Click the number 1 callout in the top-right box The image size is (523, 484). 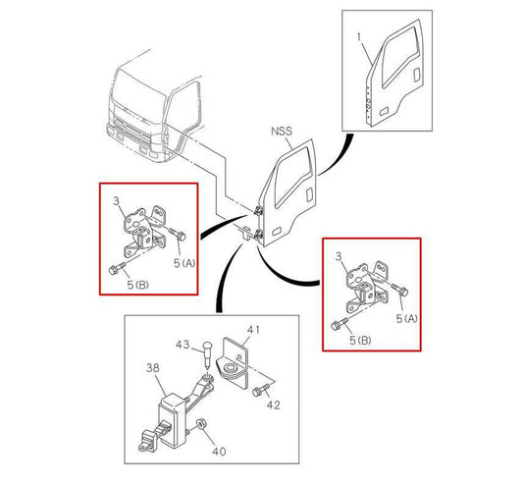[x=359, y=38]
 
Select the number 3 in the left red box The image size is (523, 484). [x=116, y=200]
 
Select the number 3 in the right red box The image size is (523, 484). [x=340, y=256]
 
